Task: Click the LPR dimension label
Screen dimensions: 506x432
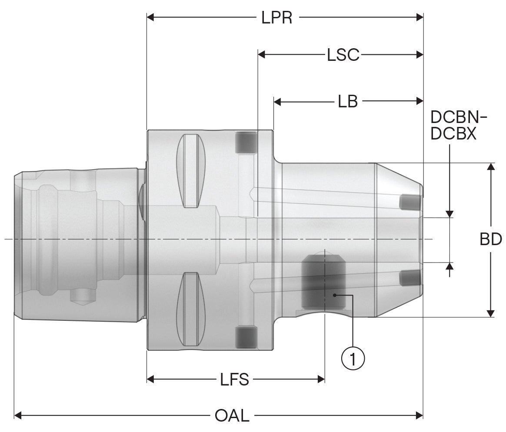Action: click(276, 18)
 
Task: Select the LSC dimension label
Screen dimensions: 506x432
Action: click(343, 55)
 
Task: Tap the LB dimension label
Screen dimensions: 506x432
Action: click(348, 101)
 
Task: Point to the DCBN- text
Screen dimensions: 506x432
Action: click(459, 117)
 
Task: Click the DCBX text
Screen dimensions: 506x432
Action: click(453, 133)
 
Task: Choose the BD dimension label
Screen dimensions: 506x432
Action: click(491, 239)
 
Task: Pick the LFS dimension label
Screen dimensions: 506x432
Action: click(235, 379)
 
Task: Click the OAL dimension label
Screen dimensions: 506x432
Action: click(232, 415)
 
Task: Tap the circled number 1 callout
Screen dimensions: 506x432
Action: click(353, 359)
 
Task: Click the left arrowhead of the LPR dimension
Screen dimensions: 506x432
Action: click(150, 17)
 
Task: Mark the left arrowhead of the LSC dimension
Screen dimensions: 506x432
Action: click(262, 55)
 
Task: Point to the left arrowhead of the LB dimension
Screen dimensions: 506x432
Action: click(277, 102)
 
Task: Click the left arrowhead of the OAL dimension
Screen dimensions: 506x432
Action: click(18, 415)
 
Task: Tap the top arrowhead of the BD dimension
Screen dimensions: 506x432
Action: click(490, 167)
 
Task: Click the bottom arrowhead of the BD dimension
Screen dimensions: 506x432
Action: click(490, 313)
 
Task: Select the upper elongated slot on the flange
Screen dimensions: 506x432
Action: click(191, 171)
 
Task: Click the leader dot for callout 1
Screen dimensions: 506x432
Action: click(335, 295)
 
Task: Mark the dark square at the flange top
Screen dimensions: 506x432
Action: click(246, 142)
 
